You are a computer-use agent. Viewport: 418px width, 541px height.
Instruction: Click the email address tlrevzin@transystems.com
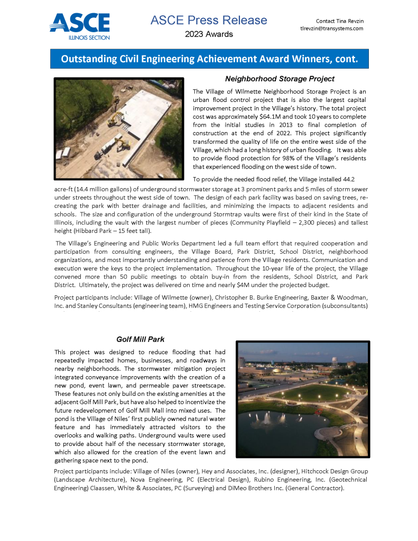coord(331,29)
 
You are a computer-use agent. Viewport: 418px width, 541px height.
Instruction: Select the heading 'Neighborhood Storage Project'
coord(280,79)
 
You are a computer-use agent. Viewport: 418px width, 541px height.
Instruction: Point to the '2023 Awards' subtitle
coord(209,34)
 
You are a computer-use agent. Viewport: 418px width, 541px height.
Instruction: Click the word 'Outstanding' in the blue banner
coord(88,59)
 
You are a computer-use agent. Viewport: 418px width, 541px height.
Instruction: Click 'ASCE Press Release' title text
coord(209,21)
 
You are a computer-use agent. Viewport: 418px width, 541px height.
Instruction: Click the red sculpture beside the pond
coord(319,409)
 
